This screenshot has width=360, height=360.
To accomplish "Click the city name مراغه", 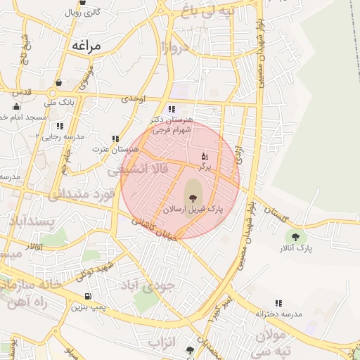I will [86, 46].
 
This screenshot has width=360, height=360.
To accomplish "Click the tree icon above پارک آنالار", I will [295, 237].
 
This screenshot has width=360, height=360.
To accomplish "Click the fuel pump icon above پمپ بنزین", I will [87, 297].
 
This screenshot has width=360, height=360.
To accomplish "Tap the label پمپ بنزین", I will [87, 307].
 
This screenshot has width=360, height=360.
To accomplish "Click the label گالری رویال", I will [83, 13].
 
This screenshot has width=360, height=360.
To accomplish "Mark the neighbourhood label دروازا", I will [175, 49].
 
